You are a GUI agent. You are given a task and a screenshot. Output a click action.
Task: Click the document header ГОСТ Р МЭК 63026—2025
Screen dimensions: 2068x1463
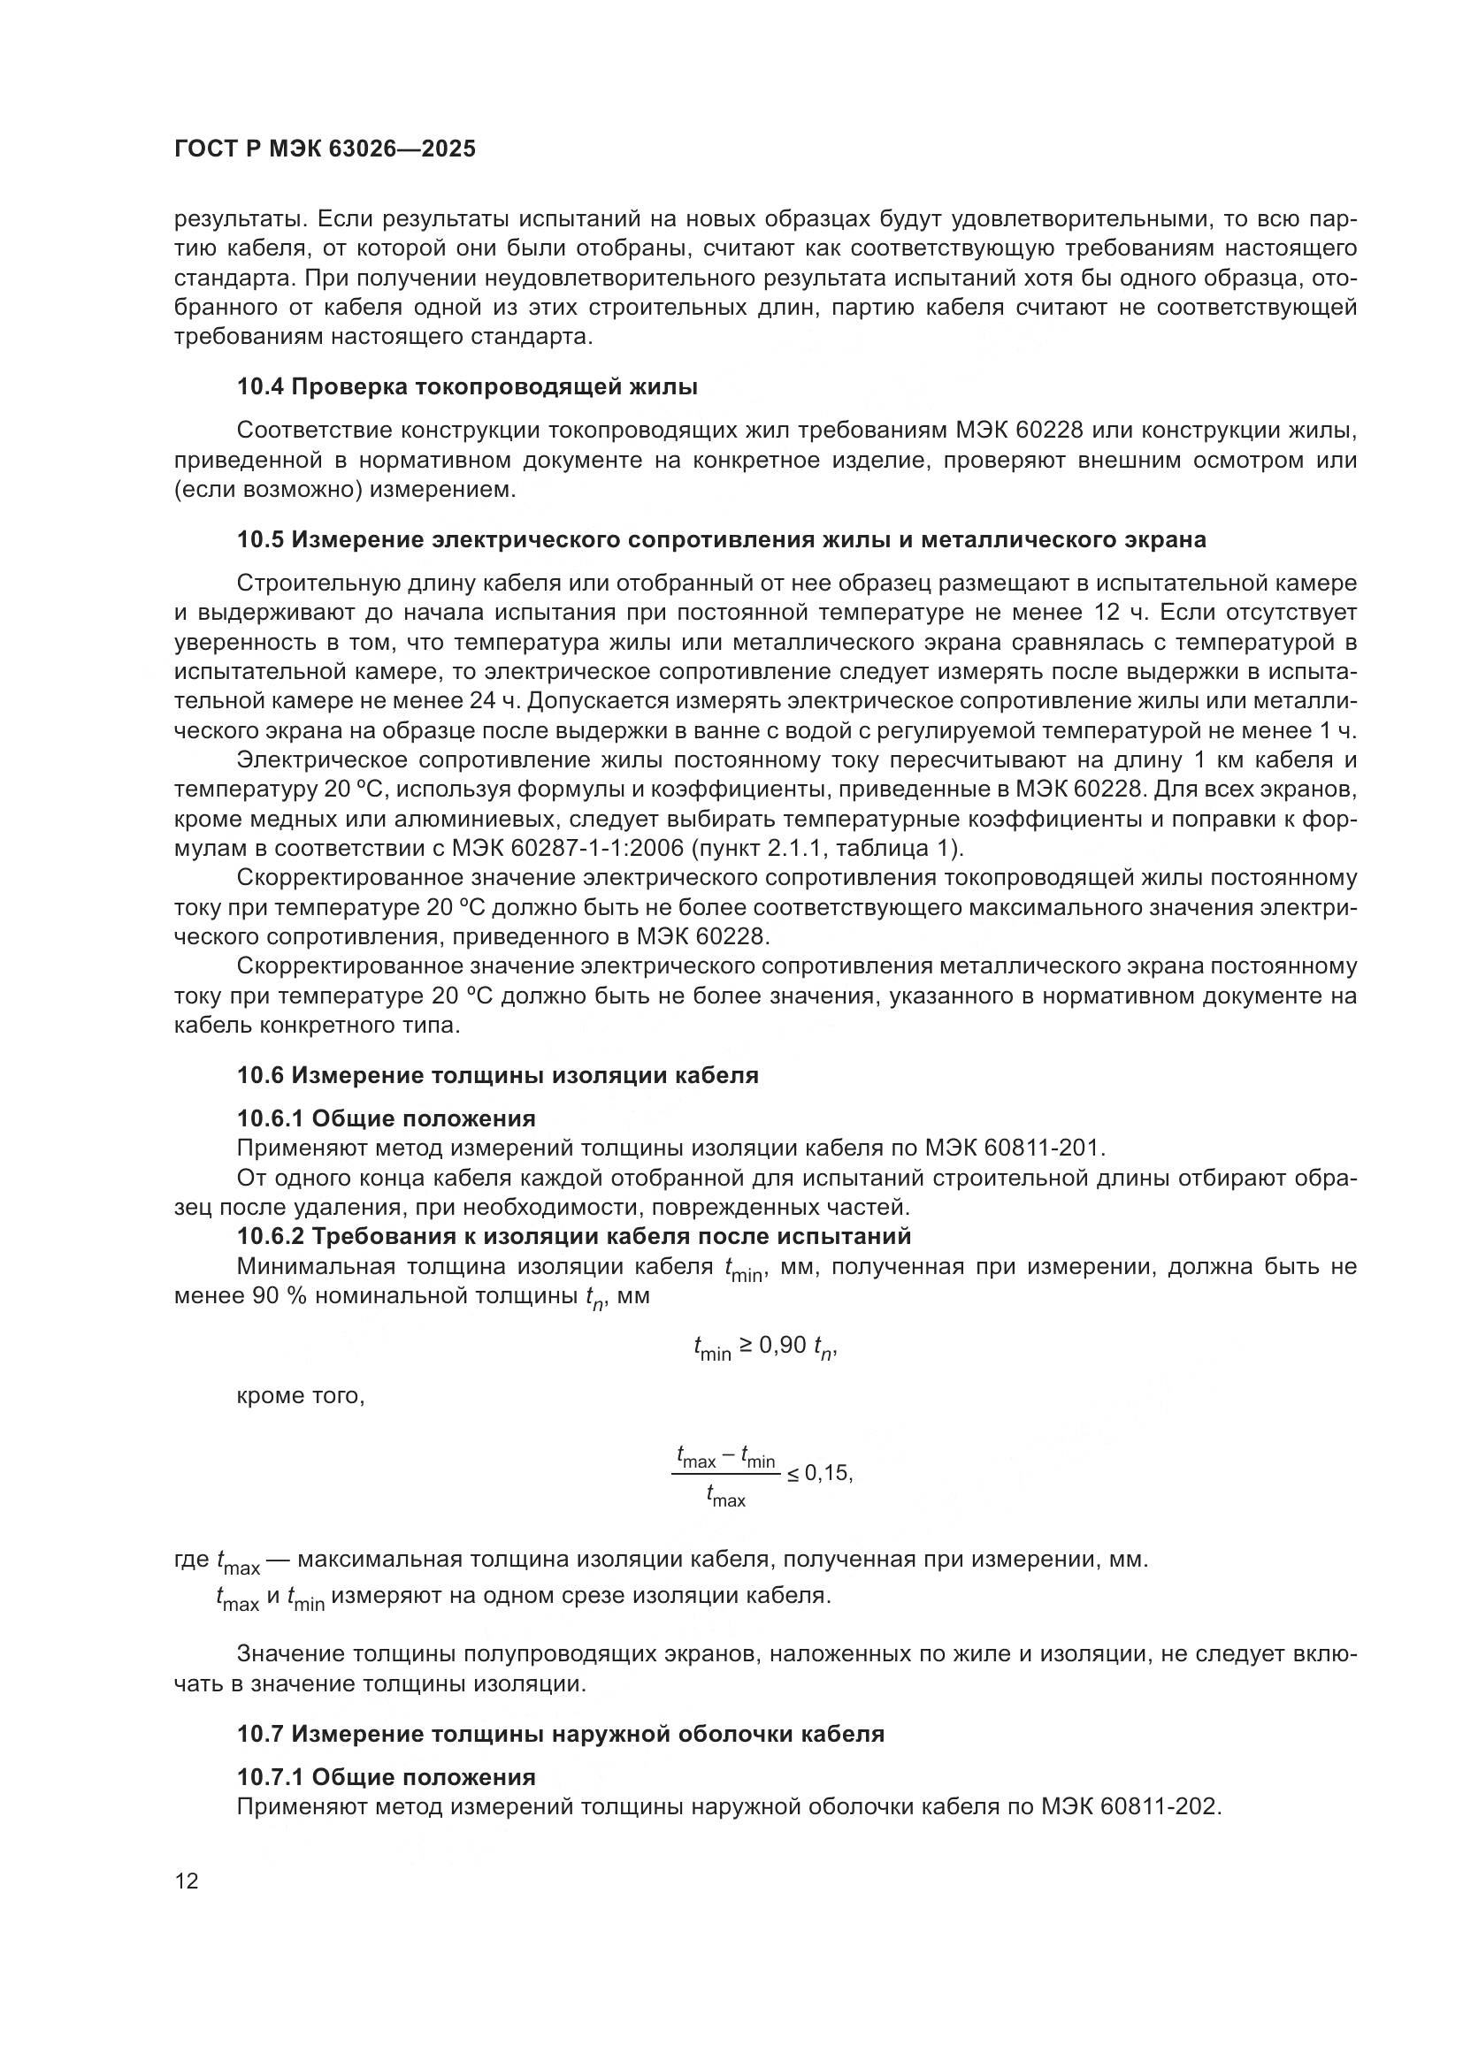tap(325, 149)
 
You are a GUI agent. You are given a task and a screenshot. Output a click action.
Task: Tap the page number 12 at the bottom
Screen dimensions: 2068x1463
tap(188, 1882)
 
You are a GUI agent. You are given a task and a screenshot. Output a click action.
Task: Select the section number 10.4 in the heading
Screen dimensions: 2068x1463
tap(261, 387)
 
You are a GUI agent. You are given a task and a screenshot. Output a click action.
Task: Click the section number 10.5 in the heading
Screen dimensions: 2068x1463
tap(261, 540)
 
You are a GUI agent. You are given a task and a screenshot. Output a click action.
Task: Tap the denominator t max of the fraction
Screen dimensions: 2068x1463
tap(726, 1498)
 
